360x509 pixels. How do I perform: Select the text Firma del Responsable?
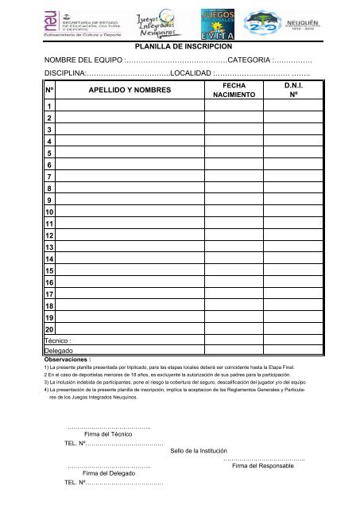(x=261, y=467)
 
